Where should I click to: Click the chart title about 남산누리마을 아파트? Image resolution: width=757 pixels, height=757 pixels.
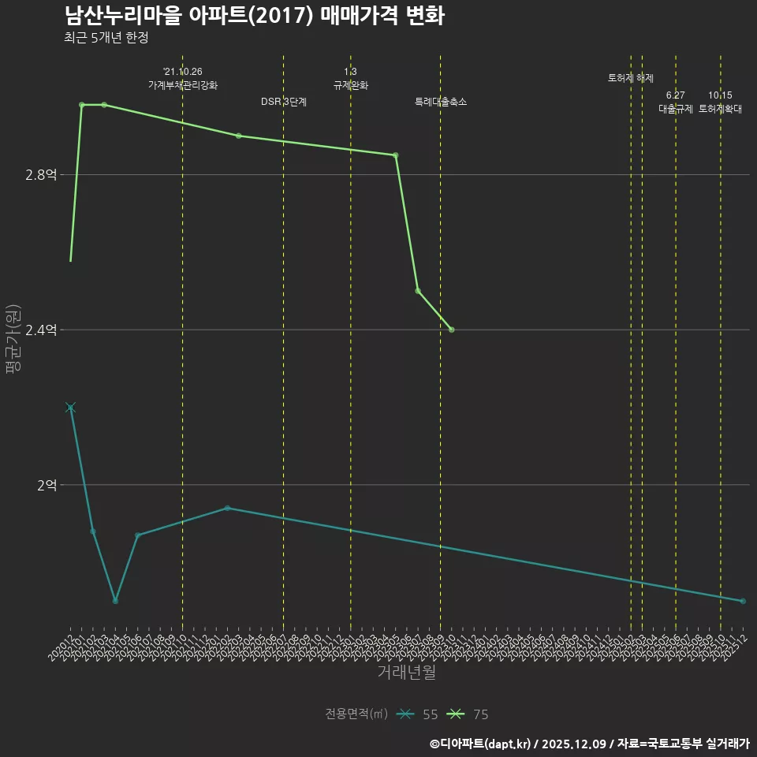[x=254, y=17]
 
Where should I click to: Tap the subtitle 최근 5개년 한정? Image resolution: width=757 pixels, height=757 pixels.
[x=106, y=38]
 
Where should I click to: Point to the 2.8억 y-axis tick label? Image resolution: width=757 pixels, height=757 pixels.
[x=41, y=175]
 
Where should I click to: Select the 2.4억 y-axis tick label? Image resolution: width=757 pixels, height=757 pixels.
[x=41, y=330]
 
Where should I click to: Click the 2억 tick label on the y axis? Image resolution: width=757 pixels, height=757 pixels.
[x=47, y=485]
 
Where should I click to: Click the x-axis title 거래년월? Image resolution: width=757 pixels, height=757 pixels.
[x=406, y=673]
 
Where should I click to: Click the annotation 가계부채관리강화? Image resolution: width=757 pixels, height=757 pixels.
[x=183, y=85]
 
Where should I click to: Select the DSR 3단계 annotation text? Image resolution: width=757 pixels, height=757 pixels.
[x=284, y=102]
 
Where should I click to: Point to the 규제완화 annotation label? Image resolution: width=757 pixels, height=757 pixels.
[x=351, y=85]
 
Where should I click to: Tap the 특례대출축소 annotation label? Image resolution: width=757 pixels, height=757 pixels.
[x=441, y=102]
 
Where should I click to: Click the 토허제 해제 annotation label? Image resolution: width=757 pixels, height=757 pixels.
[x=631, y=78]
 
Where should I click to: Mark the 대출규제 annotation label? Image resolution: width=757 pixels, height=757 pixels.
[x=676, y=110]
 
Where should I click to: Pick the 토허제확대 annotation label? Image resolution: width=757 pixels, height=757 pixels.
[x=721, y=110]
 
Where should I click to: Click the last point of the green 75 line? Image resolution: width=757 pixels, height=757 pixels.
[x=452, y=330]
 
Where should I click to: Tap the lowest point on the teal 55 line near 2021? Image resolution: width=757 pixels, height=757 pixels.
[x=115, y=601]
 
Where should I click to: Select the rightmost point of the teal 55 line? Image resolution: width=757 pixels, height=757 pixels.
[x=743, y=602]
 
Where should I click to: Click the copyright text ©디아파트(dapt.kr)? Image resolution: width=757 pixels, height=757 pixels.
[x=480, y=744]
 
